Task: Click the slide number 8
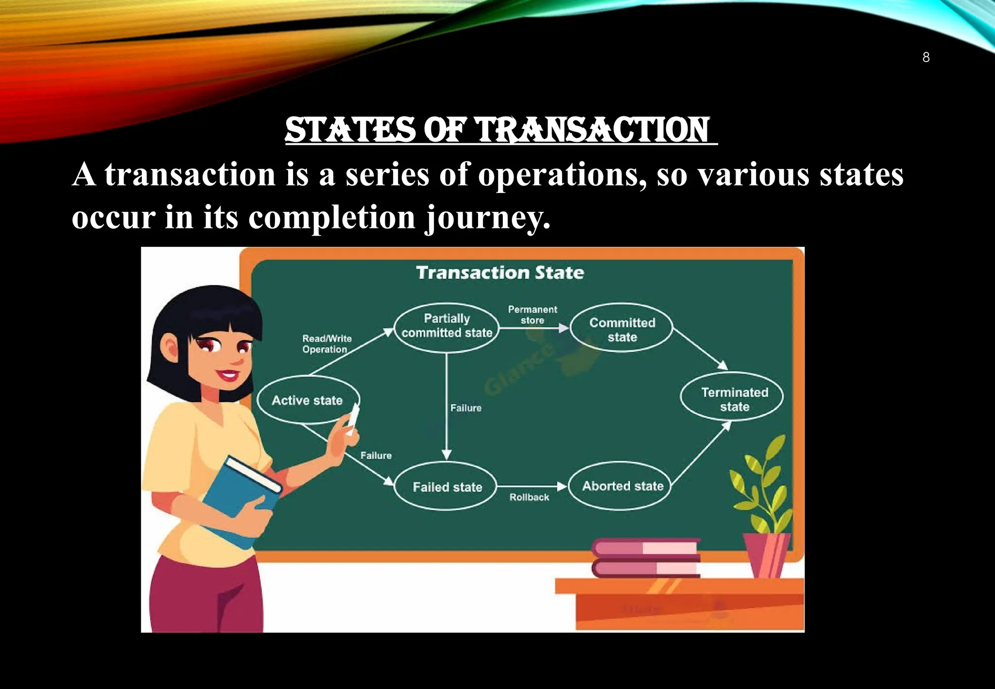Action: [926, 57]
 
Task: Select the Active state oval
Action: [308, 400]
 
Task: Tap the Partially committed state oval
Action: [446, 327]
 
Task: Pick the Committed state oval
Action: [622, 329]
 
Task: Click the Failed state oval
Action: [446, 486]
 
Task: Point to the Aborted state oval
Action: [621, 486]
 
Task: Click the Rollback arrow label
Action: [529, 498]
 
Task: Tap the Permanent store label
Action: [532, 315]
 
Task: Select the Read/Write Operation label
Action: [326, 344]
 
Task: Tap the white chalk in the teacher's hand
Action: [353, 419]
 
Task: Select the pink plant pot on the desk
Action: [766, 554]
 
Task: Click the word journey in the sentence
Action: [487, 218]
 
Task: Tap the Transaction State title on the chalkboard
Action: [500, 273]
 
